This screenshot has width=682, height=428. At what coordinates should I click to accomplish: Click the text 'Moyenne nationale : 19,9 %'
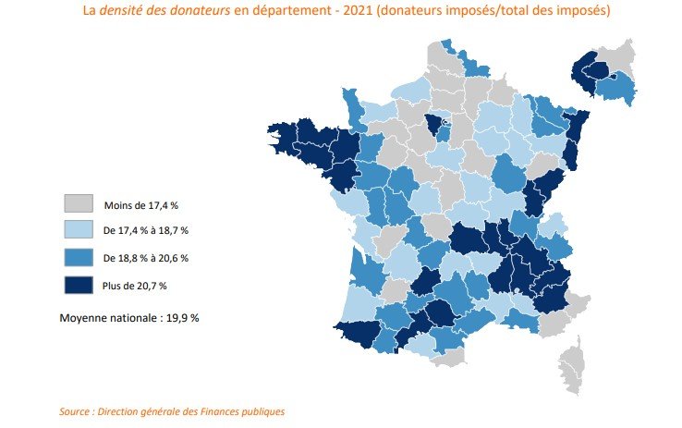click(x=129, y=317)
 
